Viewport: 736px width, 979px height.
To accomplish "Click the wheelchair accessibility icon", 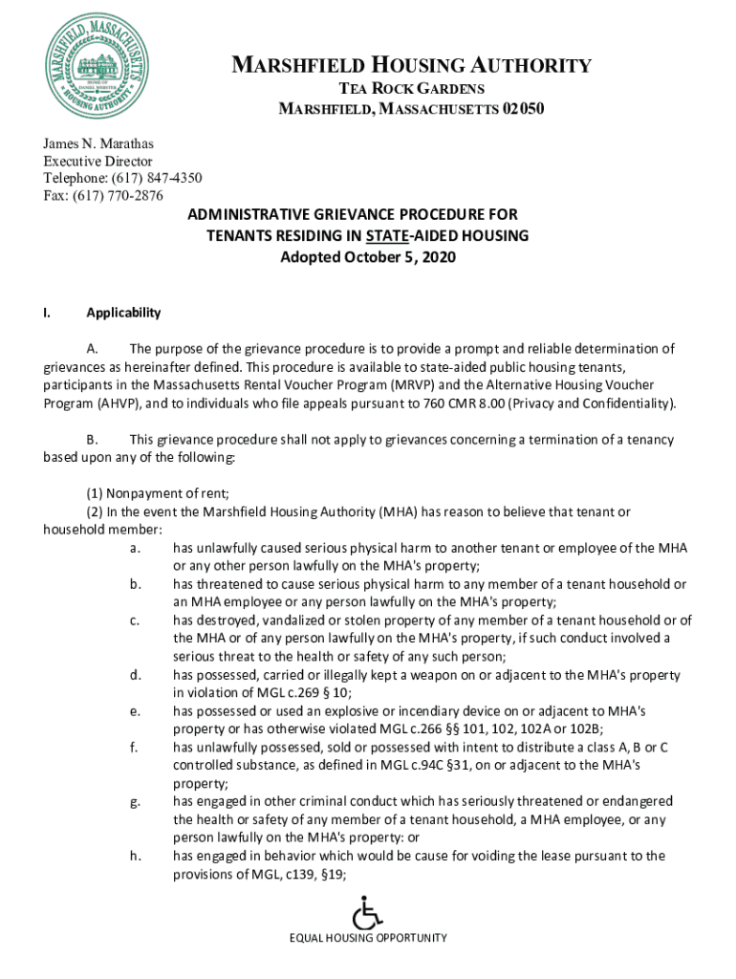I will click(x=367, y=912).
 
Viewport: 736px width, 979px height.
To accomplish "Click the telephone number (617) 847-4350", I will click(x=158, y=178).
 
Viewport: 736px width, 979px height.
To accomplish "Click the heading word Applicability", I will click(x=123, y=313).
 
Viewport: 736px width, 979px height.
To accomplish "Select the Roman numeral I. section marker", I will click(x=47, y=313).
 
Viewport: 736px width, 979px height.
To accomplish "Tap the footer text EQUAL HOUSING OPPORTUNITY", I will click(x=368, y=938).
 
